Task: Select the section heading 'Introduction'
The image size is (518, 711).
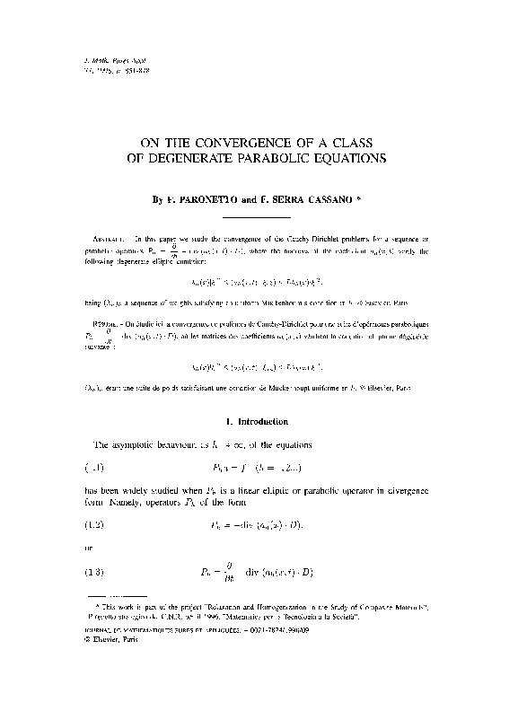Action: [263, 420]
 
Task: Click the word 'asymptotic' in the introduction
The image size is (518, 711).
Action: [140, 444]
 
